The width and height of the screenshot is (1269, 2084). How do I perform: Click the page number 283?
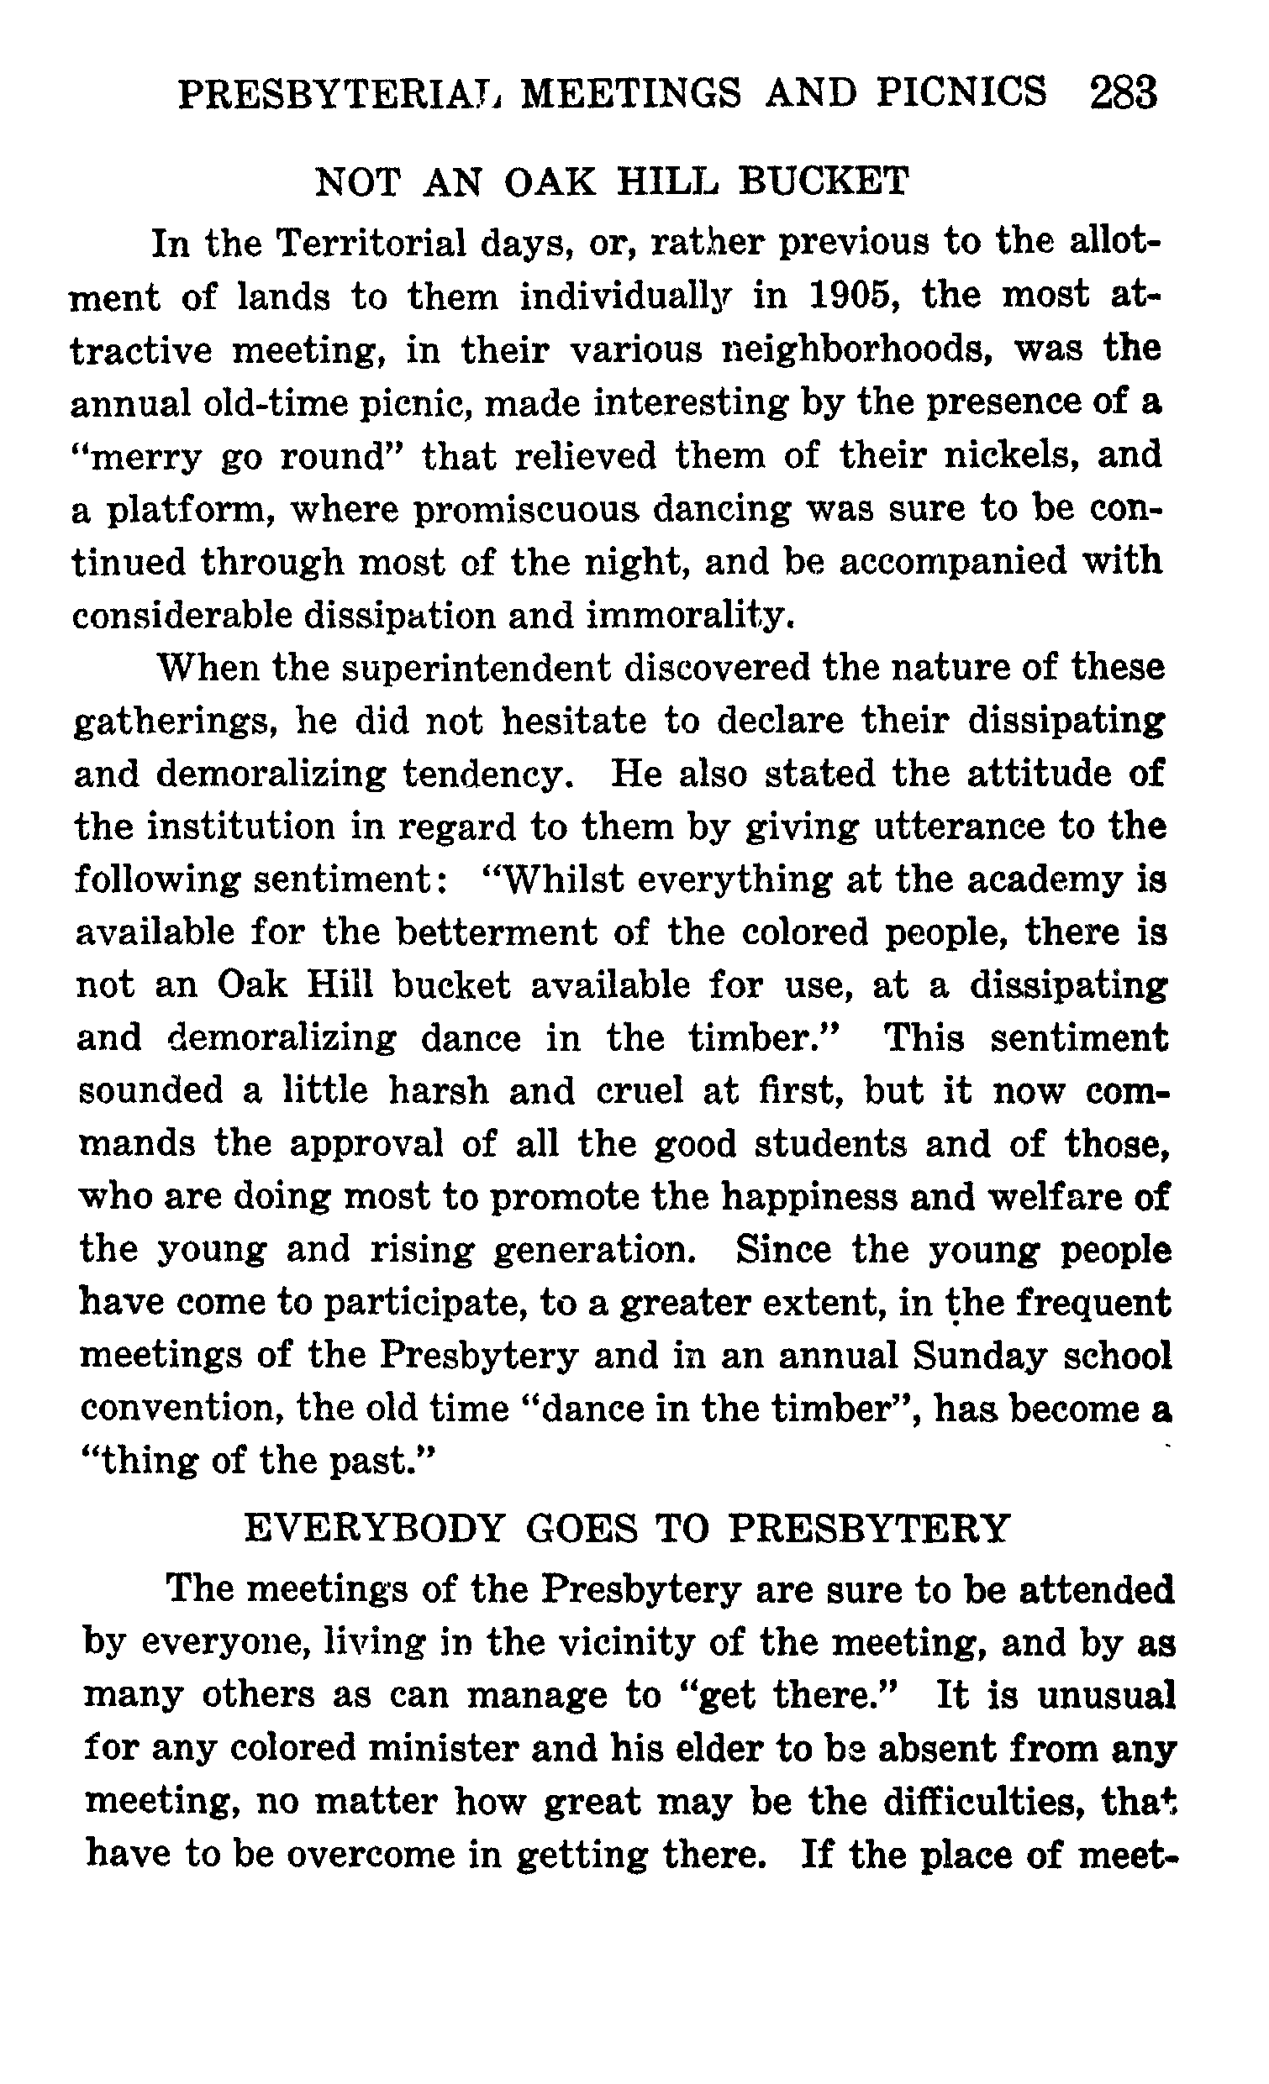click(x=1123, y=93)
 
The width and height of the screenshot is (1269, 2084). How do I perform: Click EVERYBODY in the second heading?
click(x=373, y=1528)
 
